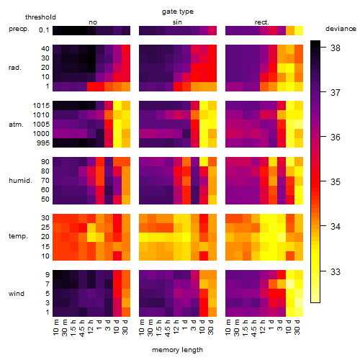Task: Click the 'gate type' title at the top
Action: [178, 12]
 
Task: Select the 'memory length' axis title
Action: [177, 350]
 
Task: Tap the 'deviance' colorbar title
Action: [341, 29]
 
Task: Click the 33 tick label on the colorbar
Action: [336, 271]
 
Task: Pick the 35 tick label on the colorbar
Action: [336, 182]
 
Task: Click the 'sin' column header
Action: [177, 22]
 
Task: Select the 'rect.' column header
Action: [261, 22]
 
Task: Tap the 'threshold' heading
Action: [40, 17]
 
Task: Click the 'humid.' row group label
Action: [20, 181]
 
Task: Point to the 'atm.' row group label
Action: [16, 125]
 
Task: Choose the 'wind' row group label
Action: [17, 294]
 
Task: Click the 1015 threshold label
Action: [41, 106]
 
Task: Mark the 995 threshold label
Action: [43, 143]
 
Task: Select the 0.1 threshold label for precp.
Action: [44, 30]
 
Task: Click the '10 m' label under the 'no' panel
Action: [56, 327]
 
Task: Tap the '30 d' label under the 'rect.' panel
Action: [297, 327]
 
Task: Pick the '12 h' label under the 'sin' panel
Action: [176, 327]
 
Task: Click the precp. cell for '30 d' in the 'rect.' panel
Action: [299, 30]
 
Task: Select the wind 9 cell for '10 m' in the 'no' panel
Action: [57, 274]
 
